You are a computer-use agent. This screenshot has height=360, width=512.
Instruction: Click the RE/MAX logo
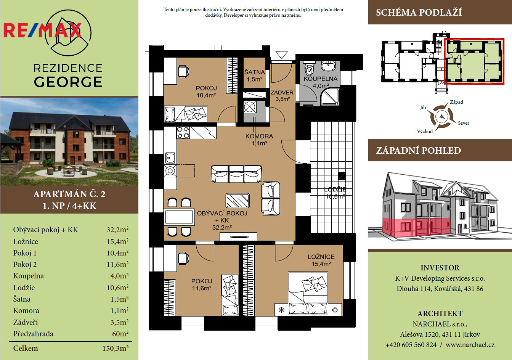point(43,30)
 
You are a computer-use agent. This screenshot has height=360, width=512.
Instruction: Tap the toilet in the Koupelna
point(309,68)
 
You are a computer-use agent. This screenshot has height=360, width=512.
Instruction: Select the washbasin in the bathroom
point(329,65)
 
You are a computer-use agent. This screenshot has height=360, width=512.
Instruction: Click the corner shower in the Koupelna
point(330,97)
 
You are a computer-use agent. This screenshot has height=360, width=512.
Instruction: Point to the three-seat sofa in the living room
point(236,174)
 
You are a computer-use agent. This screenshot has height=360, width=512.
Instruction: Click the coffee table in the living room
point(238,200)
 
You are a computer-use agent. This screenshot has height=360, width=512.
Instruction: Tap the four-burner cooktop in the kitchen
point(183,133)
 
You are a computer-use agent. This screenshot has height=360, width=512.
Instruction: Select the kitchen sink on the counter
point(170,158)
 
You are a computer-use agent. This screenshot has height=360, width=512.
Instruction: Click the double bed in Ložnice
point(308,293)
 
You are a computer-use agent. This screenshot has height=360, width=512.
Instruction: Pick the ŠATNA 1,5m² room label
point(254,76)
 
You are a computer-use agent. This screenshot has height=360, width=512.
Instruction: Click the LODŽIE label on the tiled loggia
point(335,189)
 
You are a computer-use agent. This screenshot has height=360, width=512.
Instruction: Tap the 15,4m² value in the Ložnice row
point(117,241)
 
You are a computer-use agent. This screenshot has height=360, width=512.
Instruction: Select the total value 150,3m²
point(116,348)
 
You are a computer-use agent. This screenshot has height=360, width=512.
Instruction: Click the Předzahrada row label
point(34,334)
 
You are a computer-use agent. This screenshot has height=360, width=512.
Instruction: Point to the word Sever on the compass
point(464,123)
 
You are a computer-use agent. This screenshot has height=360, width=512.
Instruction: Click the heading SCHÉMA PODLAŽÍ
point(419,12)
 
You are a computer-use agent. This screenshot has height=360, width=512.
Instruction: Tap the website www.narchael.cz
point(470,345)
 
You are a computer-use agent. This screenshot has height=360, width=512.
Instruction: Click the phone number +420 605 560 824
point(411,345)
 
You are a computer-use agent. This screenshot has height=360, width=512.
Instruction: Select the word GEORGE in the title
point(68,82)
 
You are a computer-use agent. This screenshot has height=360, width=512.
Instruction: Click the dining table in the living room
point(179,217)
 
